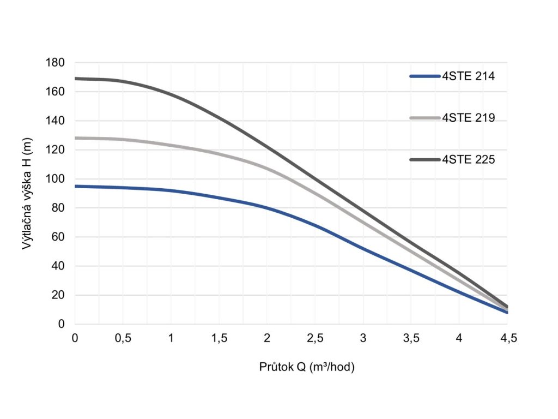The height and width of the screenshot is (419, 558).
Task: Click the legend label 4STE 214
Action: [468, 77]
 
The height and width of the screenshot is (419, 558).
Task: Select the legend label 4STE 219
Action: [468, 118]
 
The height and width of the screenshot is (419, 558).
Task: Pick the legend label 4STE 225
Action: [468, 160]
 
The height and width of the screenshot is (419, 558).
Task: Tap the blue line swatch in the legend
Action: [424, 77]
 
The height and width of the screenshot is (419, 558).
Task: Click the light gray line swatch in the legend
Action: [424, 118]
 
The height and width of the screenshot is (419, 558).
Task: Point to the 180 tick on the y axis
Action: [57, 63]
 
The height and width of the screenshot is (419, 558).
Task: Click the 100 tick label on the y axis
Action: [57, 179]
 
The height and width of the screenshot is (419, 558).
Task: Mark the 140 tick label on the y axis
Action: [57, 121]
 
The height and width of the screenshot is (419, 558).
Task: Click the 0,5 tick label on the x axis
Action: [123, 339]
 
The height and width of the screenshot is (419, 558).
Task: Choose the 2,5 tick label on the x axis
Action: [315, 339]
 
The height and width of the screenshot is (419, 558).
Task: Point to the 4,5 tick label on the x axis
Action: [507, 339]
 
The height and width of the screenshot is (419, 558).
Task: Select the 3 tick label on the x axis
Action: [363, 339]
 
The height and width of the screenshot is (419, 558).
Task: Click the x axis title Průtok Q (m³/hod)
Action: [307, 367]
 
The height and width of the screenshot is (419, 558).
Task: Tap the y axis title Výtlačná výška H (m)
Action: [27, 194]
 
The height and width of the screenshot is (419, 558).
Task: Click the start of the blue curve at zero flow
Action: [76, 186]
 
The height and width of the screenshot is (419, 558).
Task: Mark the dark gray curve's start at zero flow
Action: [76, 79]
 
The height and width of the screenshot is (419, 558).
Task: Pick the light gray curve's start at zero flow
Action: [76, 138]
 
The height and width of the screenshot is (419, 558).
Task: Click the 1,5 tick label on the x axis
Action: [219, 339]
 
